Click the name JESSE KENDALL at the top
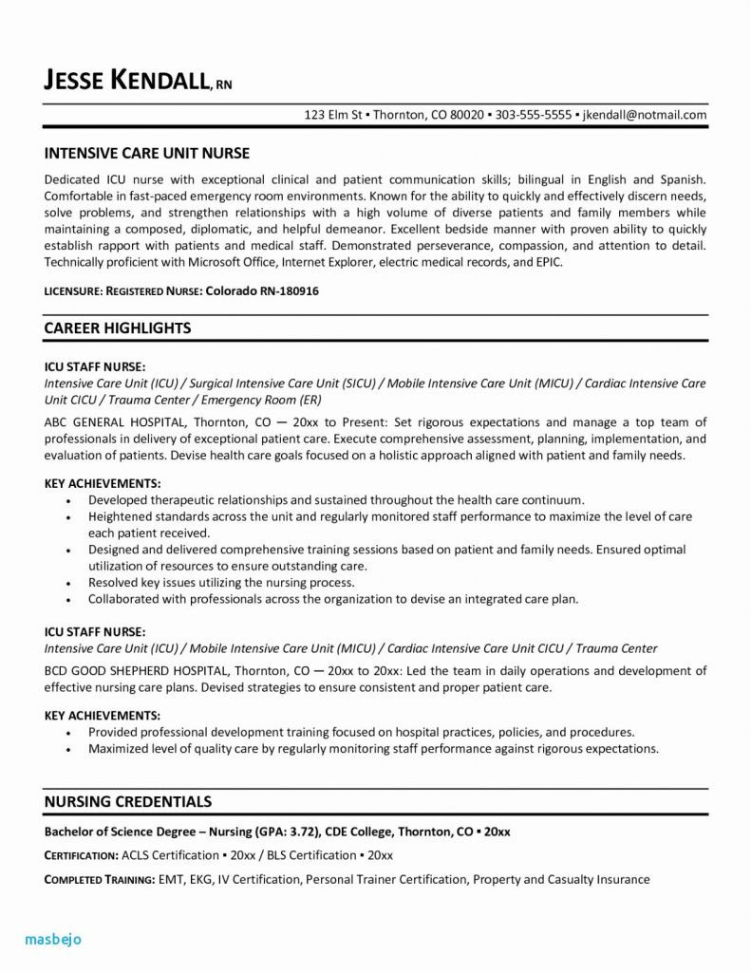point(128,80)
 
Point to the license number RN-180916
point(286,292)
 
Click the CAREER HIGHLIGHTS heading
point(118,327)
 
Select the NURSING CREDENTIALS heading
point(128,802)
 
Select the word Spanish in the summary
point(682,179)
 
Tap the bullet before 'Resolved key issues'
point(69,583)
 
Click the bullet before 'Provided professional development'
point(69,733)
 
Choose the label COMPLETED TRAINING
point(100,880)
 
